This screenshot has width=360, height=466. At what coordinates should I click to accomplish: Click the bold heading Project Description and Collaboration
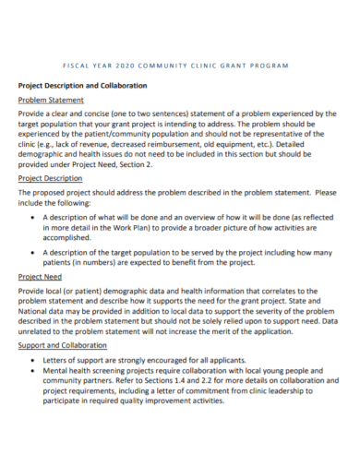(83, 85)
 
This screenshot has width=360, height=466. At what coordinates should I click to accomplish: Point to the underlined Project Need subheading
(41, 275)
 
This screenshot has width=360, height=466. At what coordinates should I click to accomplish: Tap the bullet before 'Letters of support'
(34, 359)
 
